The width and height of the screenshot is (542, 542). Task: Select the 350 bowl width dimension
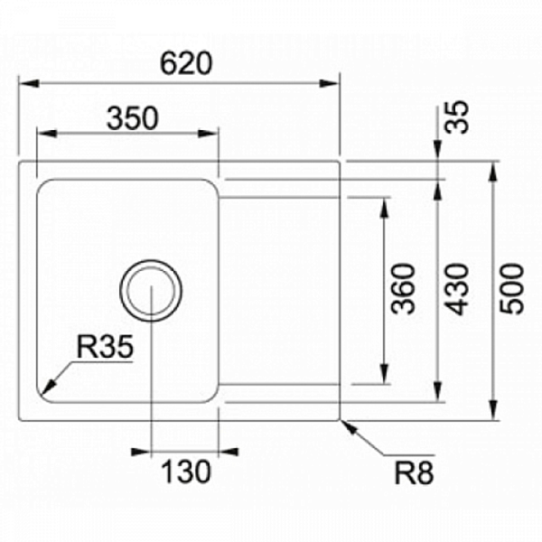[133, 118]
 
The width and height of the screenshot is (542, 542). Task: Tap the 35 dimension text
[460, 118]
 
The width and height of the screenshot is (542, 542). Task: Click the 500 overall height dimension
[512, 288]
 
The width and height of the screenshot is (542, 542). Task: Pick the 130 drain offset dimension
[187, 471]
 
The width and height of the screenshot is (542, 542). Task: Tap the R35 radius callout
[105, 346]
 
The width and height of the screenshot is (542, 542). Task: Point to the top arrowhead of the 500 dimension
[495, 166]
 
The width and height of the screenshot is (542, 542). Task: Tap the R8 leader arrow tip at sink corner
[342, 421]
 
